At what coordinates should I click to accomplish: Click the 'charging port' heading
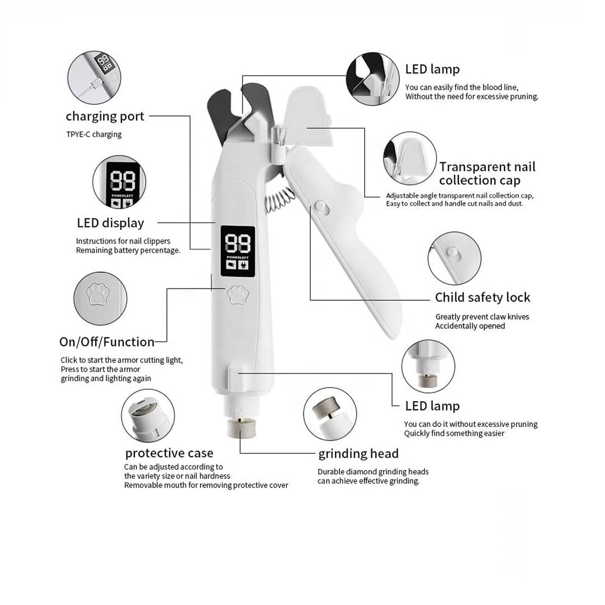pyautogui.click(x=105, y=117)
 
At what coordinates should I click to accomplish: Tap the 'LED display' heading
pyautogui.click(x=110, y=223)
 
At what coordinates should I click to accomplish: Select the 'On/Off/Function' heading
pyautogui.click(x=107, y=342)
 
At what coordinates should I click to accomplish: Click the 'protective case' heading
pyautogui.click(x=169, y=453)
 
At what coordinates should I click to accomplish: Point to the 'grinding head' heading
pyautogui.click(x=359, y=454)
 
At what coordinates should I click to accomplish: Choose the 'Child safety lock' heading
pyautogui.click(x=483, y=297)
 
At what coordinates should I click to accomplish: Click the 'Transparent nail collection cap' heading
pyautogui.click(x=487, y=173)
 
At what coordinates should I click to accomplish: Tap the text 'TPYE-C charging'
pyautogui.click(x=94, y=134)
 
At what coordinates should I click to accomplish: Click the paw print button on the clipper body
pyautogui.click(x=238, y=295)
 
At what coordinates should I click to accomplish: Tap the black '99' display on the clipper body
pyautogui.click(x=238, y=251)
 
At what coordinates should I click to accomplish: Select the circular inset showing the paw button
pyautogui.click(x=100, y=298)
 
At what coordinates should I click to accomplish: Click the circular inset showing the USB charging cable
pyautogui.click(x=94, y=77)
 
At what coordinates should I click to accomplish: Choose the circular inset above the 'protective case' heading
pyautogui.click(x=148, y=416)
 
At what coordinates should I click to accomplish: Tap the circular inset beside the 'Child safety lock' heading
pyautogui.click(x=454, y=258)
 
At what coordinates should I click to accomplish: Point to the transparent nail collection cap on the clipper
pyautogui.click(x=308, y=116)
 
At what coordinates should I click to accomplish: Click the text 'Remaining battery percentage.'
pyautogui.click(x=128, y=250)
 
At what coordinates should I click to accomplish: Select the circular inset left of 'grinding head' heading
pyautogui.click(x=330, y=414)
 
